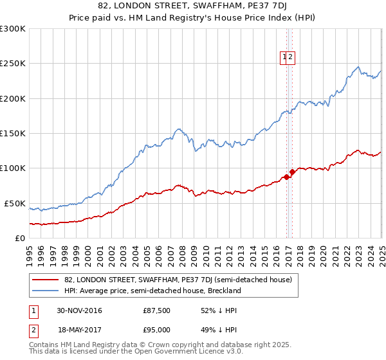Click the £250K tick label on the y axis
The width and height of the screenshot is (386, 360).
coord(13,64)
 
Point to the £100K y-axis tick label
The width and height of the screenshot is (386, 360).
coord(13,168)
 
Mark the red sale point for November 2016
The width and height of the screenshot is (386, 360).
coord(286,177)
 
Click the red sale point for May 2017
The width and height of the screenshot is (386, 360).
coord(292,172)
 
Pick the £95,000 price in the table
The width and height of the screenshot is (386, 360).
coord(157,329)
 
